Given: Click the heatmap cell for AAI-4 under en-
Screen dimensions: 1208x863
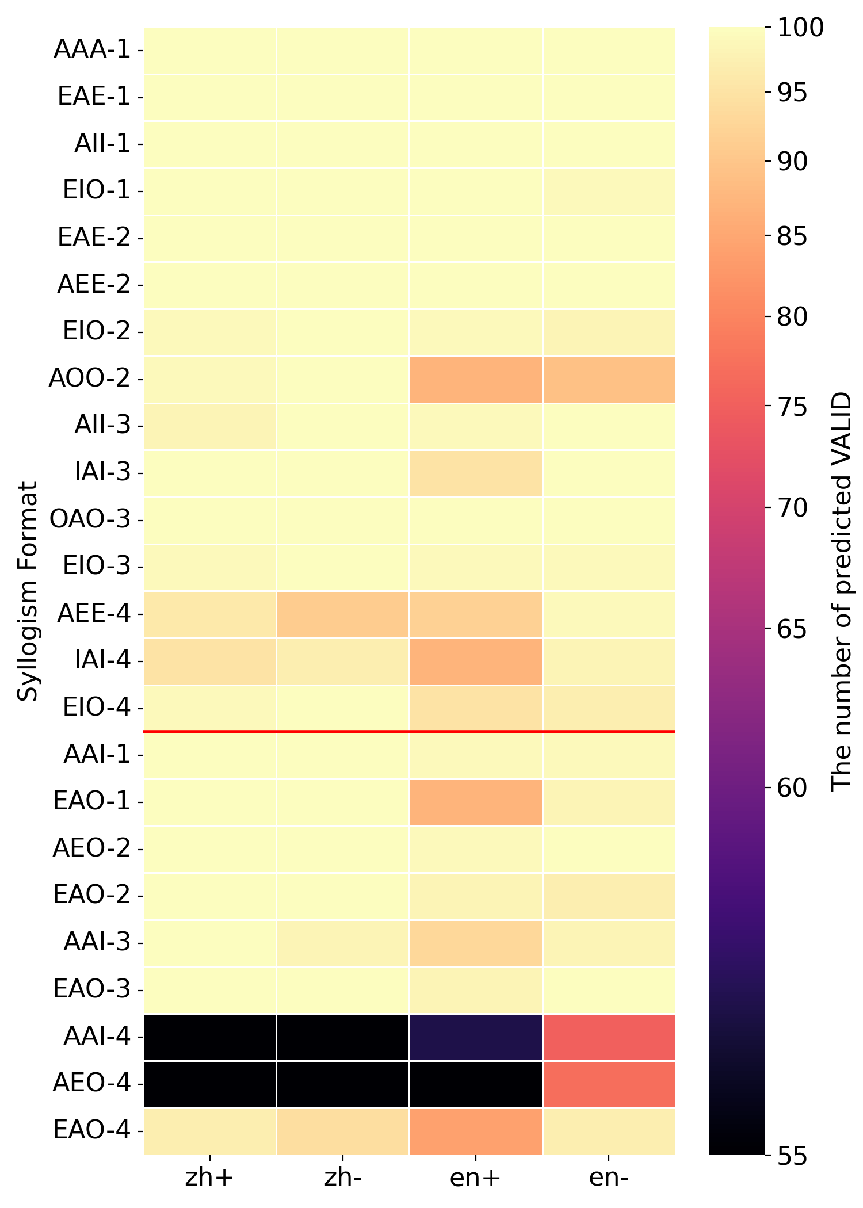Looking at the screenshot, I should coord(609,1037).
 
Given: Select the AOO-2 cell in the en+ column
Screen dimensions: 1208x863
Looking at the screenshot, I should coord(476,380).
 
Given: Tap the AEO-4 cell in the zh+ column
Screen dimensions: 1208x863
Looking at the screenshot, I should coord(210,1084).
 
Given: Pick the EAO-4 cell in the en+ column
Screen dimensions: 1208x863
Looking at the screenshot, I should coord(476,1131).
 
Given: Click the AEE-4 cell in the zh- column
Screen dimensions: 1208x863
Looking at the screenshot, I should coord(343,614).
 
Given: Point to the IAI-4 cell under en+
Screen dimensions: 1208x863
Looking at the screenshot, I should coord(476,662).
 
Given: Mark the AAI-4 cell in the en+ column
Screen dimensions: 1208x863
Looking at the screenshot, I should coord(476,1037).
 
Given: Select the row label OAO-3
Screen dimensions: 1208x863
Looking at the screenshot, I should coord(90,520).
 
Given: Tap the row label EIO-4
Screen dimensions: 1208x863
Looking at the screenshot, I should coord(97,708).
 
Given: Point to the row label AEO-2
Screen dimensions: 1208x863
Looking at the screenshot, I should coord(92,849).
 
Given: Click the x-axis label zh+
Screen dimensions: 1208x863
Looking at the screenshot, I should coord(209,1178).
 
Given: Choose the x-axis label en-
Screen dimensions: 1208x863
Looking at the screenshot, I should coord(609,1178).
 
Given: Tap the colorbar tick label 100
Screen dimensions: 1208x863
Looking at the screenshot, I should coord(800,28).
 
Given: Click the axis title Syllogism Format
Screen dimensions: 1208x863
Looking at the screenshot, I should coord(27,591).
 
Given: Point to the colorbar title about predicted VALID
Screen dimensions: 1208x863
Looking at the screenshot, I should coord(842,591).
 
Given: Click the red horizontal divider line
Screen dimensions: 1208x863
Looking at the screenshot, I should coord(409,732).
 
